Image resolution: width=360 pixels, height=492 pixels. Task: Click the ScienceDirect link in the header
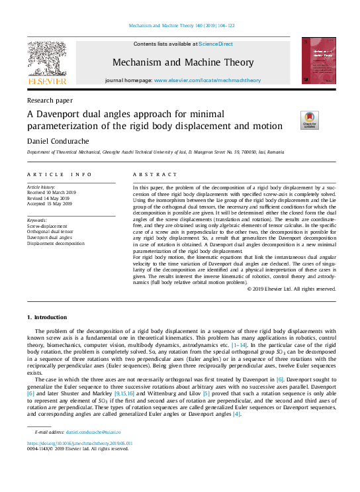(216, 44)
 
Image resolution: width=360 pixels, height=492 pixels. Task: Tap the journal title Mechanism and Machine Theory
(183, 63)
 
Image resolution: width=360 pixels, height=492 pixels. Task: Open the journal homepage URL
(207, 80)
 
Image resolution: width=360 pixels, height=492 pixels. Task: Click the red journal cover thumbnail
(318, 61)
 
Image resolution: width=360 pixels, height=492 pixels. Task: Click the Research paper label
(50, 101)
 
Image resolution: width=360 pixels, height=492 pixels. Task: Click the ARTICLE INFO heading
(60, 175)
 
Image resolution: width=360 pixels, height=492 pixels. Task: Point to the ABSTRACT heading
(156, 175)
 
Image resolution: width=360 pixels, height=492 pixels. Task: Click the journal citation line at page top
(179, 27)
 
